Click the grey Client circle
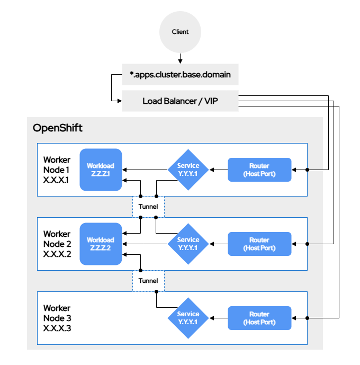[x=180, y=32]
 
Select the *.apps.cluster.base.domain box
[x=180, y=75]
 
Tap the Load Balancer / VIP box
[x=180, y=101]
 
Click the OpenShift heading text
[x=58, y=128]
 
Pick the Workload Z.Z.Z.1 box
[x=101, y=170]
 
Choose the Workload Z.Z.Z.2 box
[x=101, y=244]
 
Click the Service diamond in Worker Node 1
[x=188, y=170]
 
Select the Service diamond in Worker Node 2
[x=188, y=244]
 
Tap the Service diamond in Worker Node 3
[x=188, y=318]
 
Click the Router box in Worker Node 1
[x=259, y=170]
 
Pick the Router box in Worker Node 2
[x=259, y=244]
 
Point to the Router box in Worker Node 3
[x=259, y=318]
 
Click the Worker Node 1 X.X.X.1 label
[x=57, y=170]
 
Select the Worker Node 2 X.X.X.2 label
[x=57, y=244]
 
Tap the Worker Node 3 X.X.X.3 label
[x=57, y=318]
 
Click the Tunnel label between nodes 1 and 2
[x=148, y=207]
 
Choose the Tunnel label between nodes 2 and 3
[x=148, y=281]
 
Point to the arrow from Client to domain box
[x=180, y=58]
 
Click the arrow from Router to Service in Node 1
[x=219, y=170]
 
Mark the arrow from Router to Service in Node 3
[x=219, y=318]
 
